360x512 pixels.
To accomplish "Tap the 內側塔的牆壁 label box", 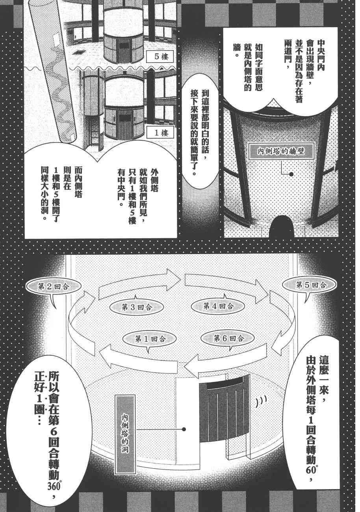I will point(281,150).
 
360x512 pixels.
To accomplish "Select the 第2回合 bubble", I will point(53,287).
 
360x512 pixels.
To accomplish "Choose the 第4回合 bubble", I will point(219,306).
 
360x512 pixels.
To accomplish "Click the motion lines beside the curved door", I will point(260,401).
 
